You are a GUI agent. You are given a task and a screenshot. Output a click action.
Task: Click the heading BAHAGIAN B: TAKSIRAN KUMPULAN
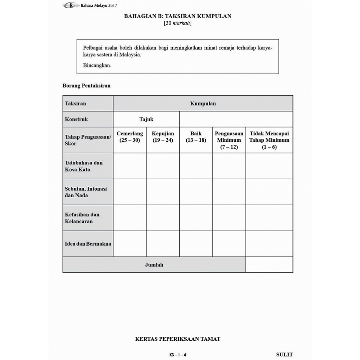[x=178, y=16]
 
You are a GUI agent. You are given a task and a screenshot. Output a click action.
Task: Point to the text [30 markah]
[x=178, y=23]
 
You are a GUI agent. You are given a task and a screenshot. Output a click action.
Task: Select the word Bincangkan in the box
[x=97, y=65]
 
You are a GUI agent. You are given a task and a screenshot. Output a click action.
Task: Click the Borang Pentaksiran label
[x=86, y=85]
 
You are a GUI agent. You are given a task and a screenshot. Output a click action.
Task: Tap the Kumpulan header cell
[x=203, y=103]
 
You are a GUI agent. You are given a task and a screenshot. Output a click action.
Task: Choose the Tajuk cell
[x=146, y=119]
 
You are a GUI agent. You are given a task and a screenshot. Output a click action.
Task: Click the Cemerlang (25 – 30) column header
[x=130, y=137]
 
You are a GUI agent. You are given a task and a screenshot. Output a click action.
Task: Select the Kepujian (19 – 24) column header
[x=163, y=137]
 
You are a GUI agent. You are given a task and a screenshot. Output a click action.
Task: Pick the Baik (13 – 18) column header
[x=196, y=137]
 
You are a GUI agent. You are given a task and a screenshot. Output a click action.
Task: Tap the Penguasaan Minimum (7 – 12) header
[x=229, y=140]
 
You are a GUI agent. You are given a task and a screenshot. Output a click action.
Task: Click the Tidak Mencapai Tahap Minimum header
[x=269, y=140]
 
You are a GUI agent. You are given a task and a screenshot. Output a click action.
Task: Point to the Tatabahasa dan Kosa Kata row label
[x=84, y=166]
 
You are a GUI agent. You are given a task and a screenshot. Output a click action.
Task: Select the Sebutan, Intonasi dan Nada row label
[x=86, y=192]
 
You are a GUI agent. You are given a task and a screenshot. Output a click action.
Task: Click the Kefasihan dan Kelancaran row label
[x=82, y=218]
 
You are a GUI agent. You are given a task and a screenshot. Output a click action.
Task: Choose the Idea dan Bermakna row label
[x=88, y=244]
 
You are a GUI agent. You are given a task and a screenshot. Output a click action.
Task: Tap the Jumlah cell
[x=154, y=265]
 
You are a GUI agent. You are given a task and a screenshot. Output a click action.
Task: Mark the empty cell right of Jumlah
[x=269, y=265]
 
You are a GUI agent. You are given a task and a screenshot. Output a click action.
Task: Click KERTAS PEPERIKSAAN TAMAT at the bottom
[x=178, y=339]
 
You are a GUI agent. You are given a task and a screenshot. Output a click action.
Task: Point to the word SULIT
[x=284, y=354]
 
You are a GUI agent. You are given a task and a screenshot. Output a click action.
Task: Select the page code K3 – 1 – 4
[x=178, y=355]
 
